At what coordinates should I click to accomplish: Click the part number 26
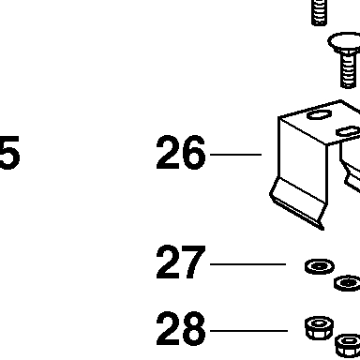181,153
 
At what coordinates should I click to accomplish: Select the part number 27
181,262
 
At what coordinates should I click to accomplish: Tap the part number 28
181,328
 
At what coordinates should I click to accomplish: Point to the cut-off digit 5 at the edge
9,153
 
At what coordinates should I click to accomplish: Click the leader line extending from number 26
236,155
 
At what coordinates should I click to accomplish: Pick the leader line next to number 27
248,264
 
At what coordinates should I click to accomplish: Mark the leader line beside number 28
249,331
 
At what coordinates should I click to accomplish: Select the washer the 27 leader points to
320,266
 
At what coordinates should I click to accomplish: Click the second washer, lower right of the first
348,283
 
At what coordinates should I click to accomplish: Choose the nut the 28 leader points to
319,327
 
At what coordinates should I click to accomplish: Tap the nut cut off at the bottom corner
348,346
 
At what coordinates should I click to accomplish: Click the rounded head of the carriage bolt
344,42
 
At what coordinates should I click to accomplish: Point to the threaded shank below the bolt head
348,70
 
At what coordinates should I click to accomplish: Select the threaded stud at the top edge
319,12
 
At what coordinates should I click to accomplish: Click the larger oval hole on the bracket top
319,114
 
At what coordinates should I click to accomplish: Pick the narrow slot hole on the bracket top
348,131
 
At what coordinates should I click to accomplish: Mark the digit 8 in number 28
194,328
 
